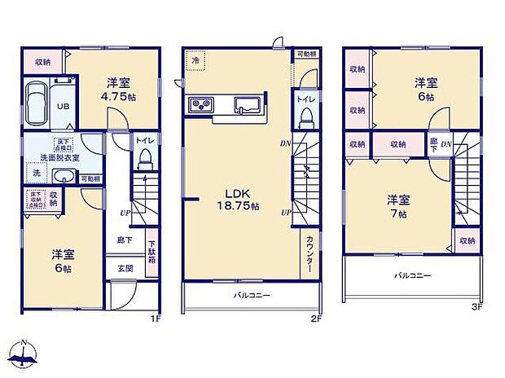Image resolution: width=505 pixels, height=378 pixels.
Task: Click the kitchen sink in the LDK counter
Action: click(246, 103)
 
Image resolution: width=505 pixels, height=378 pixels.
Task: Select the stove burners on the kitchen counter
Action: click(200, 103)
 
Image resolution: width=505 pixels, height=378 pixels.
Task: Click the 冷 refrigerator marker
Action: click(195, 60)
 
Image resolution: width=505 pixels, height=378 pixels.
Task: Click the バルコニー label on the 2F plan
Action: click(253, 295)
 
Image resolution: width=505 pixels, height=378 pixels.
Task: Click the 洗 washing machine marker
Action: click(35, 174)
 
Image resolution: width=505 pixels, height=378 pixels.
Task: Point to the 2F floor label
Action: click(316, 319)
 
